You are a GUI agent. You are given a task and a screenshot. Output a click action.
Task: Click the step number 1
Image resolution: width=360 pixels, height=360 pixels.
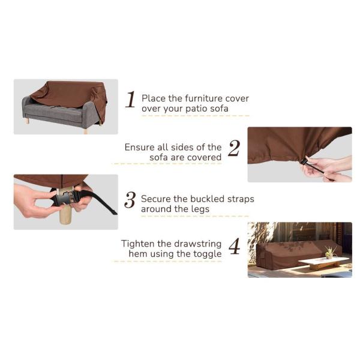tap(130, 100)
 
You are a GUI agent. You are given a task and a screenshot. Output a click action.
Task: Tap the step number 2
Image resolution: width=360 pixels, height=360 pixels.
tap(233, 149)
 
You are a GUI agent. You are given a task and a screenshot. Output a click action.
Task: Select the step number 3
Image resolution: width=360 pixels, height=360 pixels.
tap(130, 200)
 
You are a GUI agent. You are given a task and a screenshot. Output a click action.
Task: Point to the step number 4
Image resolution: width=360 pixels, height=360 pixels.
tap(234, 247)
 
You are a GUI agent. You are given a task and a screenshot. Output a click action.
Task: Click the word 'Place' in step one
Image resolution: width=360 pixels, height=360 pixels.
tap(152, 98)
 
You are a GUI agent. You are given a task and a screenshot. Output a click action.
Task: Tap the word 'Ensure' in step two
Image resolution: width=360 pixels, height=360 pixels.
tap(139, 147)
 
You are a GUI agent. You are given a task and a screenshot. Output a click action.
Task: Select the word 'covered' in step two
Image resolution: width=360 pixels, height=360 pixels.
tap(204, 158)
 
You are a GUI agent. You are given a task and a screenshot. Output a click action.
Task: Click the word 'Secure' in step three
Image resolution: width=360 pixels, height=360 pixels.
tap(155, 199)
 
